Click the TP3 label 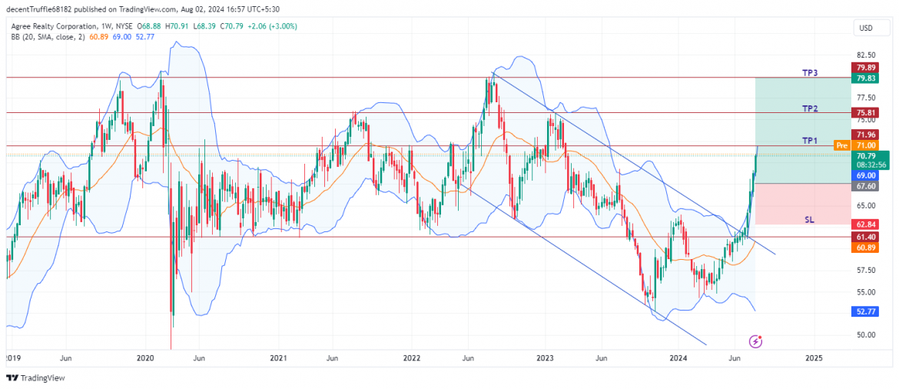click(x=810, y=73)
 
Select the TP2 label click(x=810, y=109)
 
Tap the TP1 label click(x=810, y=141)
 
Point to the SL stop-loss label click(x=809, y=219)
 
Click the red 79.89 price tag click(x=867, y=68)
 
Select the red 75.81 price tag click(x=867, y=112)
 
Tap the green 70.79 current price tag click(x=867, y=155)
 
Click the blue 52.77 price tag click(x=867, y=311)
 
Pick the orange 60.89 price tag click(x=867, y=247)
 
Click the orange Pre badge click(x=841, y=145)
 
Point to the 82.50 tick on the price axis click(x=866, y=55)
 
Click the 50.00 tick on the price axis click(x=866, y=334)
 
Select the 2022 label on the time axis click(x=412, y=358)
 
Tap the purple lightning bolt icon click(x=756, y=341)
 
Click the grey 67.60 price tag click(x=867, y=186)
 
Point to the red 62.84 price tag click(x=867, y=224)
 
